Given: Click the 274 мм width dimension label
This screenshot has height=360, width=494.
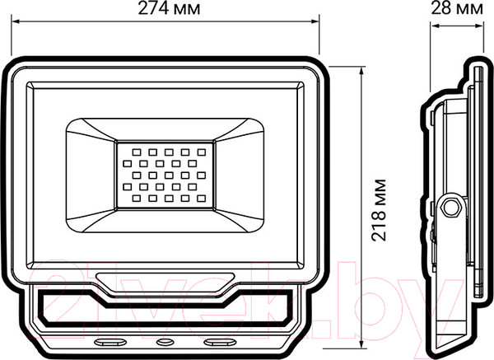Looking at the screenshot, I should point(165,10).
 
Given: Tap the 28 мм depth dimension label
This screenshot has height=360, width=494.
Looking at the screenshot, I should point(459,10).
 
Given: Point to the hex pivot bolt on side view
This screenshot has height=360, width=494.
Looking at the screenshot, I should point(449,207).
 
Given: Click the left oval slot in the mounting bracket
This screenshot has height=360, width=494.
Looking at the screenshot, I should point(110,340).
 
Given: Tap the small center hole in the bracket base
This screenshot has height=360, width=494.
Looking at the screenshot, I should point(165,340).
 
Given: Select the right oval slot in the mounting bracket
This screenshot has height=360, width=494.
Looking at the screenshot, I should point(220,340).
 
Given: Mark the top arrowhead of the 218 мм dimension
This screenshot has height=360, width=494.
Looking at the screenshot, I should point(361,68).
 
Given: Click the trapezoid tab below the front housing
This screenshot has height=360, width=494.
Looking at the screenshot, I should point(165,280).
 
